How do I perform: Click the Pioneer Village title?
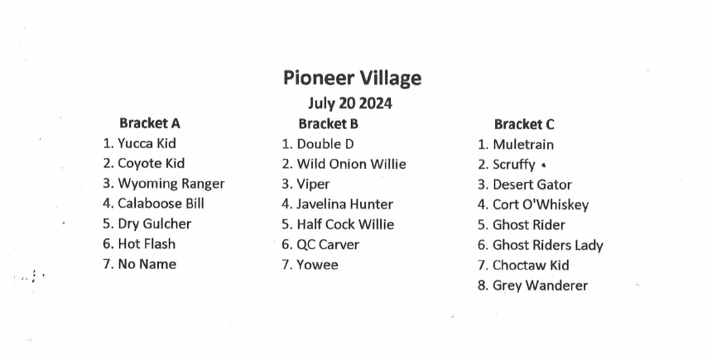point(353,78)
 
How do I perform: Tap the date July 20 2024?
point(350,103)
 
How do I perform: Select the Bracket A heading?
point(150,123)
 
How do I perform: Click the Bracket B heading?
point(329,123)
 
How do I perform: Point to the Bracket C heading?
point(524,124)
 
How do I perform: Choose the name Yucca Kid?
point(147,143)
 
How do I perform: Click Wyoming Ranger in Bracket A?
point(171,184)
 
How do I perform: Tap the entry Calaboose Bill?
point(161,204)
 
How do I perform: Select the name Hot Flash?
point(147,244)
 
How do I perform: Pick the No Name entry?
point(147,264)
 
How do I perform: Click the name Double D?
point(325,144)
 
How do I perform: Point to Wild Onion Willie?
point(352,164)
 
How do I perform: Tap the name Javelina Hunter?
point(344,204)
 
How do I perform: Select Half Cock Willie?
point(345,224)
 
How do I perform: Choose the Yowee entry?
point(317,265)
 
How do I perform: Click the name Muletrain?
point(523,145)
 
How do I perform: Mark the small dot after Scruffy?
point(544,166)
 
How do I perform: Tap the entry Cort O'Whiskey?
point(541,205)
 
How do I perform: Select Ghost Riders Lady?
point(548,246)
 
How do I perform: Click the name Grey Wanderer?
point(540,286)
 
